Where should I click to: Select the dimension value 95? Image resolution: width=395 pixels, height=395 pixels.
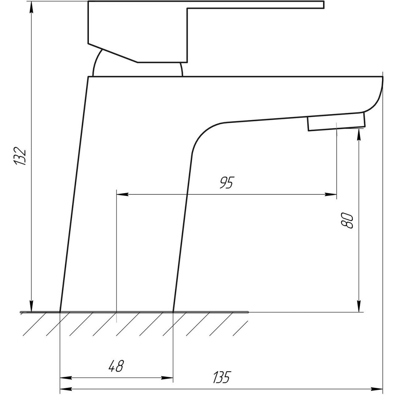227,182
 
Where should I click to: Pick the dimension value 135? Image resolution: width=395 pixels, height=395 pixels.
222,377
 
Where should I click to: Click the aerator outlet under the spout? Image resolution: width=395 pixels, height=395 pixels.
336,121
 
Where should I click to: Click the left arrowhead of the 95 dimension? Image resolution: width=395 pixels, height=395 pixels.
121,194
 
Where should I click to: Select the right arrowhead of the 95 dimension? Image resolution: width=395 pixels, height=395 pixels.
333,194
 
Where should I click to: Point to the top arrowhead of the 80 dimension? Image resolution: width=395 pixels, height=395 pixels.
359,134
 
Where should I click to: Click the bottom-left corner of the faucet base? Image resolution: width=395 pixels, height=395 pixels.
60,312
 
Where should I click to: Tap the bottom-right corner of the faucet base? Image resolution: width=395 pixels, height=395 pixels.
173,312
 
